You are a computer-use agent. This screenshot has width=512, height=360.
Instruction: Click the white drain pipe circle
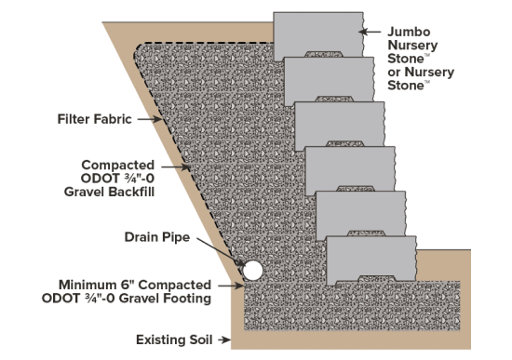pos(252,271)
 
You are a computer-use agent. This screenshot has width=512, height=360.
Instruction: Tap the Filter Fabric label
pos(95,119)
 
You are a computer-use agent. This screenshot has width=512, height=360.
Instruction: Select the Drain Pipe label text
pos(157,237)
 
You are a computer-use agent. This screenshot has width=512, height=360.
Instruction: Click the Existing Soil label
pos(174,340)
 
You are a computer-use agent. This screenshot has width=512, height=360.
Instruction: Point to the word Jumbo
pos(409,32)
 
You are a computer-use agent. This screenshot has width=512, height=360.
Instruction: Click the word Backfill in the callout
pos(132,192)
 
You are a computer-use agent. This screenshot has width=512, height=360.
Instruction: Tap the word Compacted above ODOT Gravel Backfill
pos(118,166)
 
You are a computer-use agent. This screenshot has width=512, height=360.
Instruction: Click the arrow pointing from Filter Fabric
pos(150,119)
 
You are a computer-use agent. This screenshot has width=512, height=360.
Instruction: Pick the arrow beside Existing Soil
pos(224,340)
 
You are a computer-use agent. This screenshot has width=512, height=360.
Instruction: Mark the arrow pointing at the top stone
pos(370,32)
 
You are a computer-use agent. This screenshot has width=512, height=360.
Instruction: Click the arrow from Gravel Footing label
pos(231,286)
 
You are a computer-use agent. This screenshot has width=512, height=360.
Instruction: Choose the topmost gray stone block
pos(318,36)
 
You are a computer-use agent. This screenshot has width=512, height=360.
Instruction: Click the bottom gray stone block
pos(371,260)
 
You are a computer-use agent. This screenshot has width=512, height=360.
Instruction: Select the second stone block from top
pos(330,81)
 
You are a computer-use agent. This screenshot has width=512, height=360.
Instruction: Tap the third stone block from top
pos(340,126)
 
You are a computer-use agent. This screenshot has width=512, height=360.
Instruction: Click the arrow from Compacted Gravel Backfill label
pos(176,167)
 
